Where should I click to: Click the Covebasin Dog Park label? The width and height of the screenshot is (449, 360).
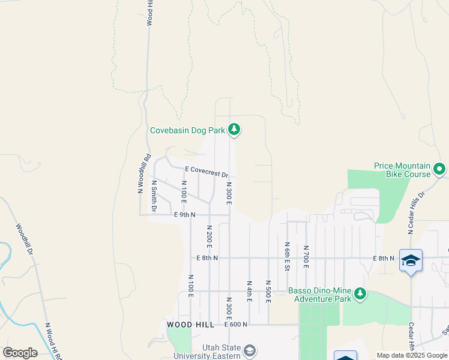[187, 130]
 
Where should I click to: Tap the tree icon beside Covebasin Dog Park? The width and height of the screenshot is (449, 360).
[234, 130]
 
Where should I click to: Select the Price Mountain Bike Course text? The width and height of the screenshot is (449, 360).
[402, 170]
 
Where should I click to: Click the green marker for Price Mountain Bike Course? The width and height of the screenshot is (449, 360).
[439, 170]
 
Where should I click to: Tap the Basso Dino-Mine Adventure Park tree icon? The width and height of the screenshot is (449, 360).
[360, 293]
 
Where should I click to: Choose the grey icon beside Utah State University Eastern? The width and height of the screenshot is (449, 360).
[250, 350]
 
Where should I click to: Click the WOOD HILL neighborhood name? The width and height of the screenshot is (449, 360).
[190, 325]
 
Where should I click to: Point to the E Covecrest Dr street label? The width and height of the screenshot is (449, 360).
[206, 172]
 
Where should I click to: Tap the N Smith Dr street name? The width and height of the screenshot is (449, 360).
[154, 196]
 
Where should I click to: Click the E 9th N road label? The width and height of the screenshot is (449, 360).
[185, 214]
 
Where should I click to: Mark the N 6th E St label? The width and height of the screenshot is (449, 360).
[288, 256]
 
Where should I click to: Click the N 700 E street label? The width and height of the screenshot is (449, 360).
[306, 256]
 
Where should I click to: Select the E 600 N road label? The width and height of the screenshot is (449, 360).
[236, 325]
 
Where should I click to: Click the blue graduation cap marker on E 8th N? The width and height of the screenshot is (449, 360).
[411, 261]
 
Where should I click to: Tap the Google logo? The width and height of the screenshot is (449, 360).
[20, 353]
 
